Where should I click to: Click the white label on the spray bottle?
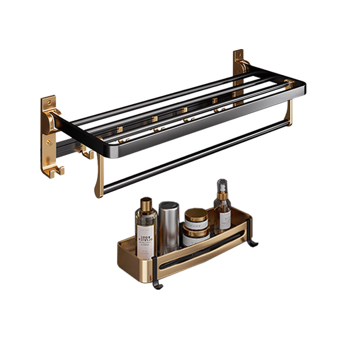[224, 219]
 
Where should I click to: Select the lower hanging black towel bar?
[193, 155]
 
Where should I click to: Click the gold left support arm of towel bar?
[99, 175]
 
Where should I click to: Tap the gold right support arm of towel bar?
[288, 112]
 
